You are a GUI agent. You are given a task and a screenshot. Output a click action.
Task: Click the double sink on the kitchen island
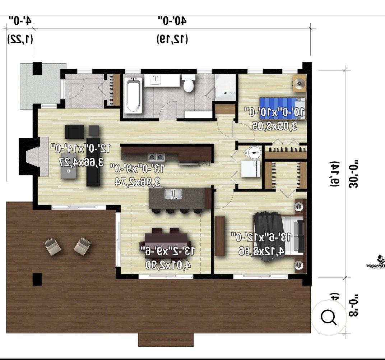tap(173, 194)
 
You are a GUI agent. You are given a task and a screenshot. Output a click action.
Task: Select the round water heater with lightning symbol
tap(254, 153)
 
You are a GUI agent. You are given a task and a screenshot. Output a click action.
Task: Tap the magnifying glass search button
tap(328, 317)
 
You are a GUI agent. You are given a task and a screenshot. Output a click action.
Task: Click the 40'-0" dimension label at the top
tap(172, 21)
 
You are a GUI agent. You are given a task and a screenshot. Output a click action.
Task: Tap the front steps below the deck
tap(166, 340)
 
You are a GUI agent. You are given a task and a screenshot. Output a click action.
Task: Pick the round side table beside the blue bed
tap(298, 84)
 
